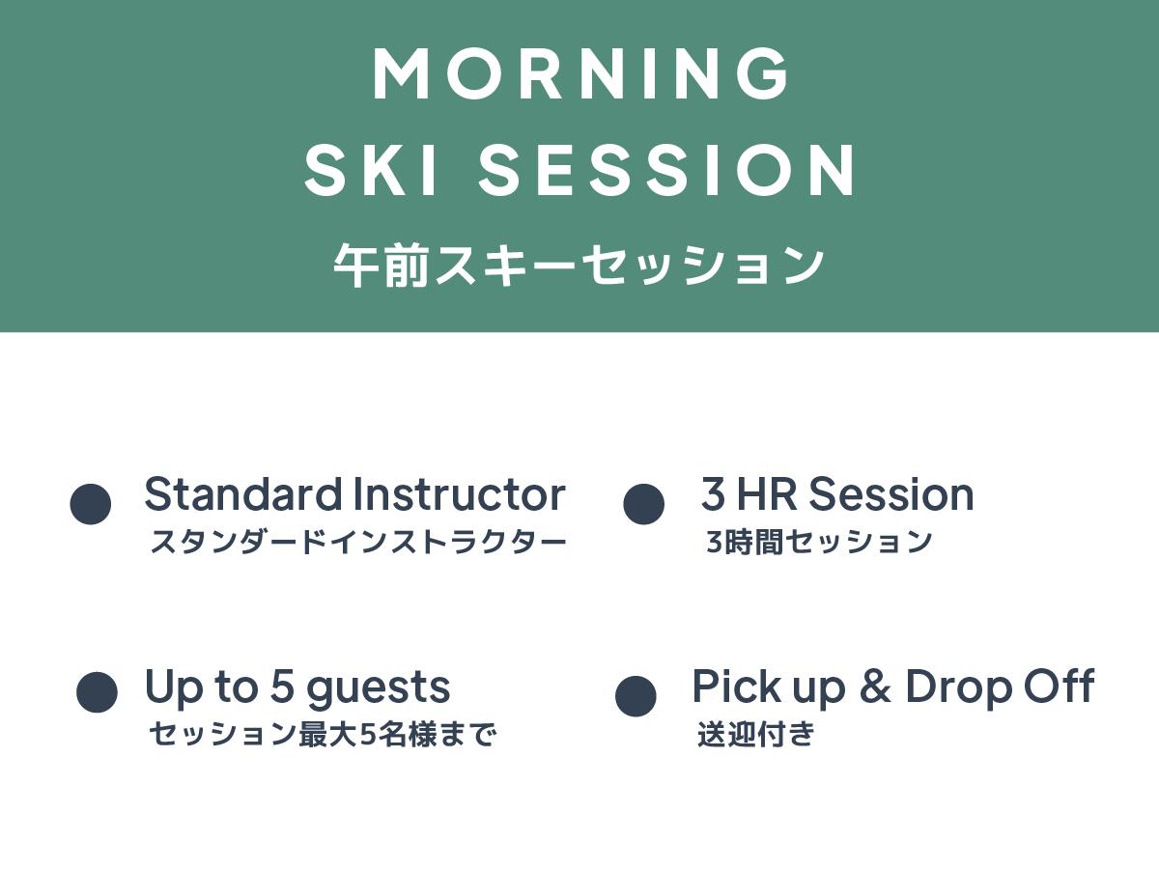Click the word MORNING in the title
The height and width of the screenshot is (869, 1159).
[x=579, y=73]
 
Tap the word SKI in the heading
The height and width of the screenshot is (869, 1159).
[x=371, y=171]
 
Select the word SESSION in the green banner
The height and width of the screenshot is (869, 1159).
[x=665, y=171]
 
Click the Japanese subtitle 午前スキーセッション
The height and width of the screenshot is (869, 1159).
[x=579, y=266]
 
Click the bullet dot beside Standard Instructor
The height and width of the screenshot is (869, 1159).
[x=90, y=504]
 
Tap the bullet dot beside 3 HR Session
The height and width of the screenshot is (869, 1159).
[x=643, y=504]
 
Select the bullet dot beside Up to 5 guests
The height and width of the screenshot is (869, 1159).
[x=98, y=692]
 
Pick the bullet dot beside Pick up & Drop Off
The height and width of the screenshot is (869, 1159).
[x=636, y=696]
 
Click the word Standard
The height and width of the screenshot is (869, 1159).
[x=243, y=493]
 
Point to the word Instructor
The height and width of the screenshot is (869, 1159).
[x=460, y=493]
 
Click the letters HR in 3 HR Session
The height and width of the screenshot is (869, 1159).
[x=767, y=493]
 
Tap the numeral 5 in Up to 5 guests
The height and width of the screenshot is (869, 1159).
[x=282, y=686]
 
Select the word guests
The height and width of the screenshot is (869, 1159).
[x=378, y=689]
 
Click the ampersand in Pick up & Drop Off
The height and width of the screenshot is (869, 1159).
[x=875, y=686]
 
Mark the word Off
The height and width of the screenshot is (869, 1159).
[x=1060, y=686]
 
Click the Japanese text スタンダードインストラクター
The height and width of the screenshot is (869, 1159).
[x=358, y=542]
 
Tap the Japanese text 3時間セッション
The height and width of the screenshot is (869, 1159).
[x=819, y=542]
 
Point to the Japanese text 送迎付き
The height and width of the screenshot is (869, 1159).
[x=755, y=734]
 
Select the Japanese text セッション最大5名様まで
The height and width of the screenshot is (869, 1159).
[x=323, y=734]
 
